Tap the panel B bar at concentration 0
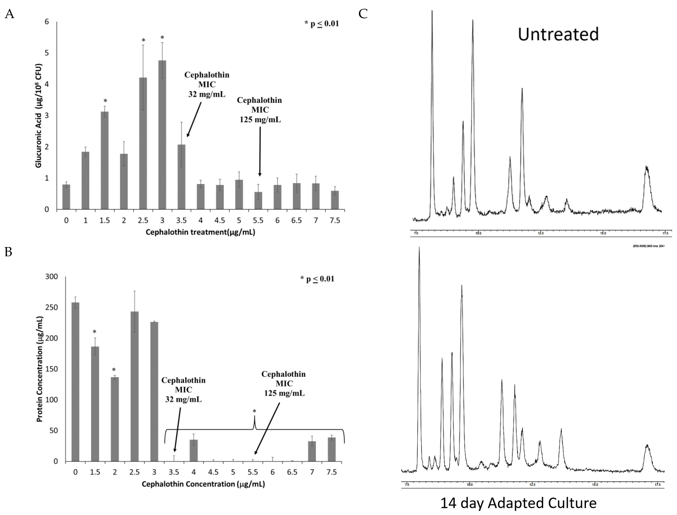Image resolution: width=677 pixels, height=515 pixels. (75, 382)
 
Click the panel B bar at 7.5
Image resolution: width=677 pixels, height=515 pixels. (332, 449)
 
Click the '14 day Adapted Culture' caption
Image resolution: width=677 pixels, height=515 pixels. (518, 503)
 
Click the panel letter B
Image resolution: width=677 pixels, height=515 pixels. (9, 252)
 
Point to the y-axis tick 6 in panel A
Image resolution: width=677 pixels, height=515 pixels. (47, 21)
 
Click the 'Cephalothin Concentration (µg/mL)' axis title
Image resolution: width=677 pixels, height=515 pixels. (203, 484)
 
